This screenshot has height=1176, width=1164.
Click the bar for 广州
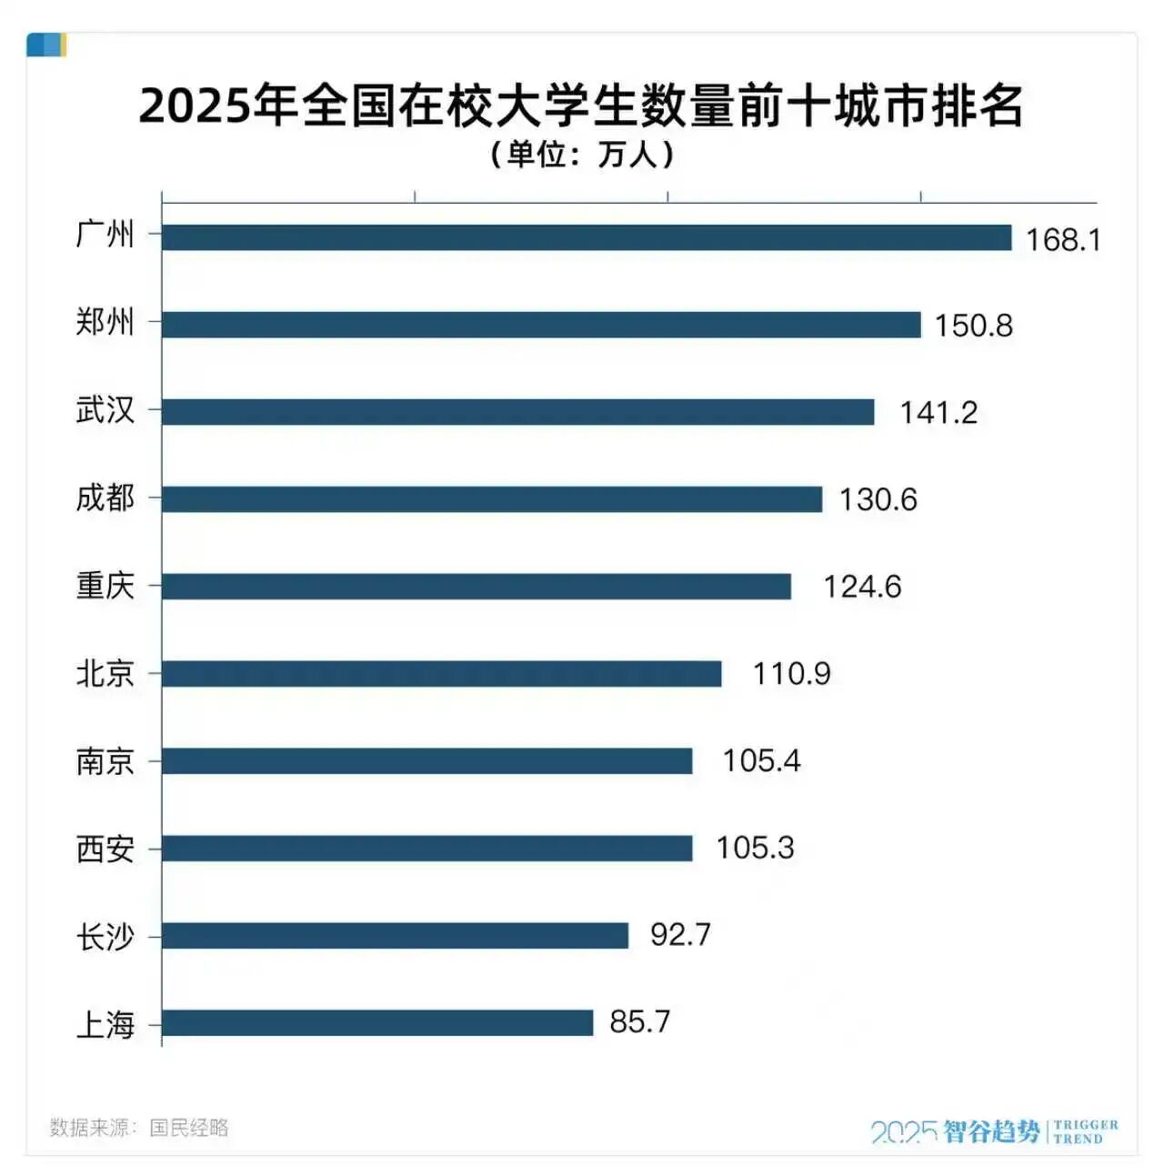pyautogui.click(x=587, y=237)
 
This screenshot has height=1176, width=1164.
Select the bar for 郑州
pyautogui.click(x=541, y=325)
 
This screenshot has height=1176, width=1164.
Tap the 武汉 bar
pyautogui.click(x=518, y=412)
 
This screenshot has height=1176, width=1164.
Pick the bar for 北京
pyautogui.click(x=442, y=674)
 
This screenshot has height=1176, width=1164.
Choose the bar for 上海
pyautogui.click(x=377, y=1022)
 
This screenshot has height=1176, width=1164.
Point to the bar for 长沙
pyautogui.click(x=396, y=935)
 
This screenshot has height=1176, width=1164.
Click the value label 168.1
pyautogui.click(x=1063, y=239)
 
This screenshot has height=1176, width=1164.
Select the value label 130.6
pyautogui.click(x=878, y=499)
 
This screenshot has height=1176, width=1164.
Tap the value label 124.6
pyautogui.click(x=862, y=587)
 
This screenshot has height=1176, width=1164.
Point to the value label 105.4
pyautogui.click(x=761, y=760)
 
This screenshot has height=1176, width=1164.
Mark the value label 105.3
pyautogui.click(x=755, y=848)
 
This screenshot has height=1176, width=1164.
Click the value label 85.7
pyautogui.click(x=639, y=1022)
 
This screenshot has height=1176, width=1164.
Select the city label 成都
pyautogui.click(x=105, y=498)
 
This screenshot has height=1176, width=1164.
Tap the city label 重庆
pyautogui.click(x=105, y=586)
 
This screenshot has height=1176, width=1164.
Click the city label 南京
pyautogui.click(x=105, y=760)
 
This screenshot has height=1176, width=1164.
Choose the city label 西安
pyautogui.click(x=105, y=849)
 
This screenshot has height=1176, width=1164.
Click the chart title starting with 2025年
pyautogui.click(x=582, y=106)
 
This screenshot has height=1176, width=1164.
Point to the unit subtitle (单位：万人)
pyautogui.click(x=582, y=155)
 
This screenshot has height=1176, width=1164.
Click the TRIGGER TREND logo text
pyautogui.click(x=1086, y=1131)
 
